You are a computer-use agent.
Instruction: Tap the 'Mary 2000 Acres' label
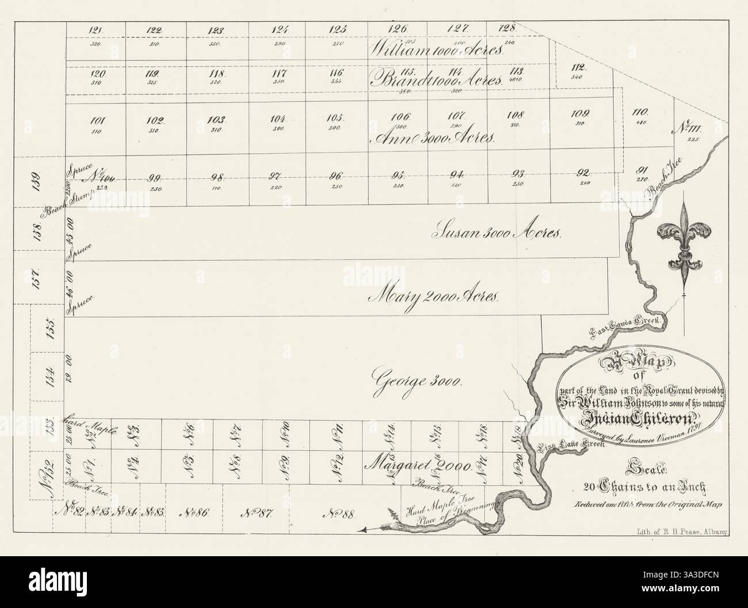(x=436, y=297)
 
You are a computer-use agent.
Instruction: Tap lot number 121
(x=96, y=30)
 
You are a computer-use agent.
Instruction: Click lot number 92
(x=583, y=172)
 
